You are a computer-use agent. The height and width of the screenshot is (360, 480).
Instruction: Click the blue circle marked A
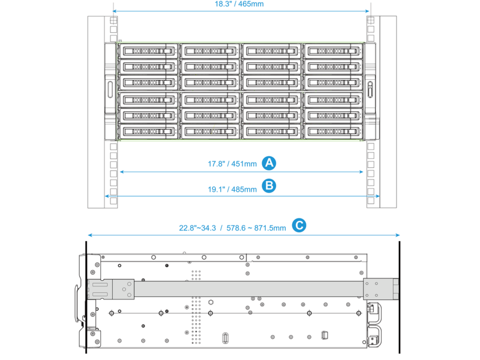pos(269,163)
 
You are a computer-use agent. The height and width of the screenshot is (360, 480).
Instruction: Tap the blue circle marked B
pos(269,186)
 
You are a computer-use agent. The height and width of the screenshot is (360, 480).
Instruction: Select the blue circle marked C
pos(299,226)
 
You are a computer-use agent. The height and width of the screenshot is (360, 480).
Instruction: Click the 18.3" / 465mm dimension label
pos(239,4)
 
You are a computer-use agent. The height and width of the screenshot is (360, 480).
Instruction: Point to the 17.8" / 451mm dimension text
pos(232,164)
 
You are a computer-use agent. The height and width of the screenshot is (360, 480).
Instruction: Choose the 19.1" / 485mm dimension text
pos(232,190)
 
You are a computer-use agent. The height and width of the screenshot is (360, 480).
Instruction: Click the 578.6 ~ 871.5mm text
pos(256,228)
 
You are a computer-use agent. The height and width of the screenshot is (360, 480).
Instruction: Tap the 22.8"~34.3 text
pos(197,228)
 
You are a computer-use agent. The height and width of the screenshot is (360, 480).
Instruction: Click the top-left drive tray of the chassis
pos(148,51)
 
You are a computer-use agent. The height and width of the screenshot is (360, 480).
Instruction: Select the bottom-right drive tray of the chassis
pos(334,131)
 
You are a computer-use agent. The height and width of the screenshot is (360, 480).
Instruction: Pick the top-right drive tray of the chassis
pos(334,51)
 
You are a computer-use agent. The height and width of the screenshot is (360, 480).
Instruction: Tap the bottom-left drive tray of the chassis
pos(148,131)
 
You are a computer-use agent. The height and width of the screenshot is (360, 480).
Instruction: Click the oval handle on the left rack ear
pos(110,89)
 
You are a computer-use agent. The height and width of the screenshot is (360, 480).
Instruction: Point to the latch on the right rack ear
pos(370,89)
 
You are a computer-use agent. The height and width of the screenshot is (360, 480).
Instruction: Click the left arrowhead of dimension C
pos(90,235)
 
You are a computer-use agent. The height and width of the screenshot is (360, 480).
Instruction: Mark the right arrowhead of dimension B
pos(378,196)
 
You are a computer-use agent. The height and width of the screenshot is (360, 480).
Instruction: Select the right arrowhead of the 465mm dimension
pos(367,11)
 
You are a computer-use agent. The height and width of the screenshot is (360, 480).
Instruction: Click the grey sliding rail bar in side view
pos(248,289)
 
